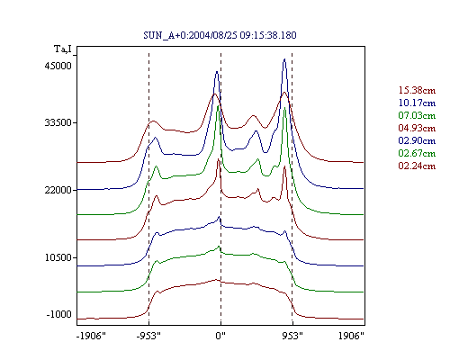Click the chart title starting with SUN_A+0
point(220,35)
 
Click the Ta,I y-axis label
point(63,49)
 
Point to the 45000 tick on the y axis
point(58,66)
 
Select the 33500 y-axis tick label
point(58,122)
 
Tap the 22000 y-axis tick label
point(58,190)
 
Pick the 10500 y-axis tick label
point(58,257)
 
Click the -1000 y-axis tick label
point(58,314)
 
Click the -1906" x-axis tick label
point(91,336)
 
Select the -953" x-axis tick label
point(148,336)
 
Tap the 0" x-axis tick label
point(220,336)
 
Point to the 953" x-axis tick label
point(292,336)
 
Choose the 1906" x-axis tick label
point(351,336)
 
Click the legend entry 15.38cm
point(417,90)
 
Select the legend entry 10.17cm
point(417,103)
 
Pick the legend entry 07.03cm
point(417,115)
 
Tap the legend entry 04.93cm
point(417,128)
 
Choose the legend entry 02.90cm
point(417,140)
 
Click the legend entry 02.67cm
point(417,153)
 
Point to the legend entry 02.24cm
point(417,166)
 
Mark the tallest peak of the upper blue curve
point(284,59)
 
